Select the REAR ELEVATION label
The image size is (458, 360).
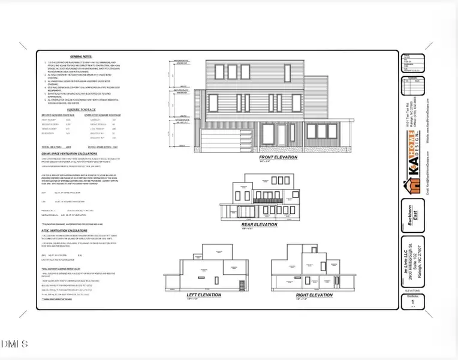pyautogui.click(x=259, y=224)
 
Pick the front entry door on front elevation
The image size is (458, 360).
pyautogui.click(x=282, y=135)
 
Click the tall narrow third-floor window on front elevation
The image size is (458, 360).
pyautogui.click(x=248, y=74)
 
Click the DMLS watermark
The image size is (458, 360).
pyautogui.click(x=14, y=344)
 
